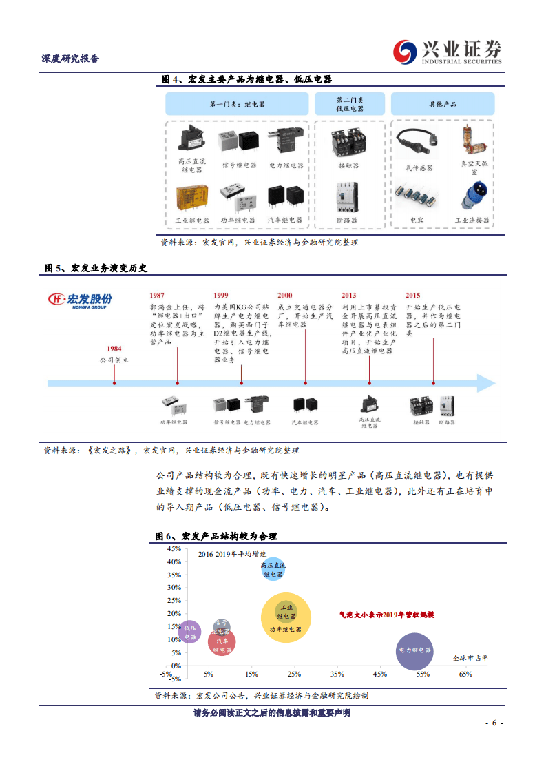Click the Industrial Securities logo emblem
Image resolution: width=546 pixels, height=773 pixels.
tap(406, 52)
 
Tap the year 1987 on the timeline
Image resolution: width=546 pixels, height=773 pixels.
tap(157, 295)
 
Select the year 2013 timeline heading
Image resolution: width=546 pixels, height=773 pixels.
tap(349, 295)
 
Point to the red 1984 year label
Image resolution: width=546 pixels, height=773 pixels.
tap(114, 349)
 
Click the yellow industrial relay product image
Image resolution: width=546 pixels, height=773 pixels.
tap(191, 198)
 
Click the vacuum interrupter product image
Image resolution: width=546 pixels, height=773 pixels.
tap(473, 139)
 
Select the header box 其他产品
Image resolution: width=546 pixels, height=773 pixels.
tap(443, 104)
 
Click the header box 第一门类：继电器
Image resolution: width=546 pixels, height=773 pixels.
tap(237, 104)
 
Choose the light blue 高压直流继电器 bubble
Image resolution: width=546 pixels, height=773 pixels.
tap(273, 568)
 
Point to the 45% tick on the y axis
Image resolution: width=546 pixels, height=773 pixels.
tap(174, 549)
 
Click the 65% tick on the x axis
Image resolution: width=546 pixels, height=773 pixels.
tap(465, 674)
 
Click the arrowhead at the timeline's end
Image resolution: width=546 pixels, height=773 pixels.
tap(487, 383)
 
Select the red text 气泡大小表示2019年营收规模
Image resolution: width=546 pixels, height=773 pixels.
tap(390, 615)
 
